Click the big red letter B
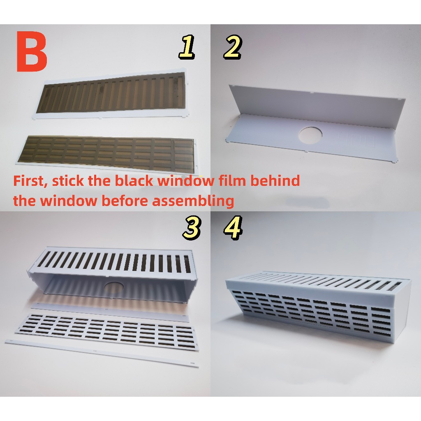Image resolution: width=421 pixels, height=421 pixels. [32, 51]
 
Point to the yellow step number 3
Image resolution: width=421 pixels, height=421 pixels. [192, 228]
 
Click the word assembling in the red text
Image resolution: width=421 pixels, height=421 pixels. [193, 201]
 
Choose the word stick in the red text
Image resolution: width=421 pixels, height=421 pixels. [68, 181]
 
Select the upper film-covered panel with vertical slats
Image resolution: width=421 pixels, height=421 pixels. [112, 95]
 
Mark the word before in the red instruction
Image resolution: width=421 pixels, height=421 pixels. [125, 201]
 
